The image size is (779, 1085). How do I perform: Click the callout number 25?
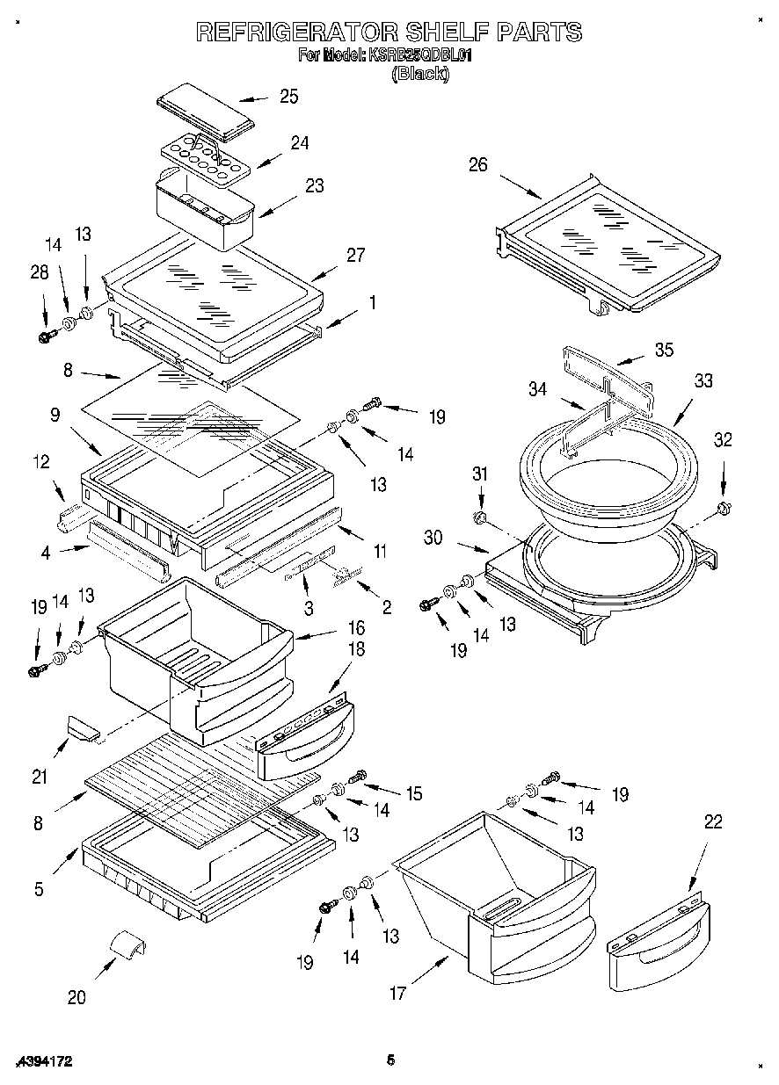pos(288,97)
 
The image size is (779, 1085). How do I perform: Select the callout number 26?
pos(477,164)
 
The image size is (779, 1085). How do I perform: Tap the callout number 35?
pos(664,350)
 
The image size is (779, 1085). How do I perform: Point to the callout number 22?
pos(713,821)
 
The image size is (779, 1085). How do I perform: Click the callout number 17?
pos(397,994)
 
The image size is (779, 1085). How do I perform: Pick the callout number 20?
pos(76,996)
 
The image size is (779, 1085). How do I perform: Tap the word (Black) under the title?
pos(419,75)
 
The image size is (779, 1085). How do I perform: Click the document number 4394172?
pos(43,1061)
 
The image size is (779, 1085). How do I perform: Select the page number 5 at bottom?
pos(389,1060)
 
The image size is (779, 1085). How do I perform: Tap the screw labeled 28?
pos(47,335)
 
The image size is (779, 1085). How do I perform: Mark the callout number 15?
pos(411,793)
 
